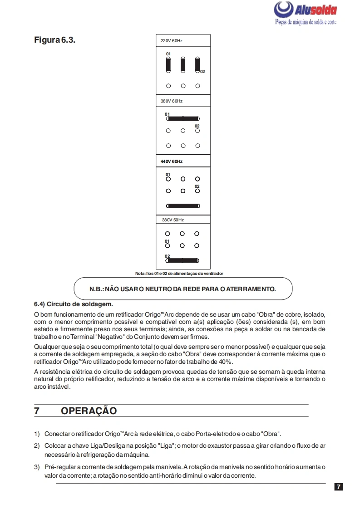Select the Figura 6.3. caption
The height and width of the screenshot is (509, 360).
click(x=54, y=39)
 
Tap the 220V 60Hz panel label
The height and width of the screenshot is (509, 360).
click(x=171, y=41)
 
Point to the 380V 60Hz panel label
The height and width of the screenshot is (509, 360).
click(x=171, y=101)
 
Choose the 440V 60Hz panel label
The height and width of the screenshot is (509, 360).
click(x=171, y=161)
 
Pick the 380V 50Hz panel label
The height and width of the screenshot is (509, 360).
click(x=173, y=220)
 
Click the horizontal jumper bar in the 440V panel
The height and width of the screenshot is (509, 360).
click(x=183, y=206)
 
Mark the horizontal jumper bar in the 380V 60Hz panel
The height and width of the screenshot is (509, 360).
click(x=183, y=119)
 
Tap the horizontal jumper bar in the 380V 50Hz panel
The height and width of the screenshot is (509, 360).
click(x=183, y=260)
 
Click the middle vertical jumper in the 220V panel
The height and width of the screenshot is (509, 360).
click(x=183, y=65)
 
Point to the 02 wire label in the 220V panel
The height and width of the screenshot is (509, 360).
click(x=202, y=72)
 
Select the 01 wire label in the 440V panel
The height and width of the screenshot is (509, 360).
click(x=168, y=174)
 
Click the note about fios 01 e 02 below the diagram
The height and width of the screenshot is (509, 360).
click(x=179, y=274)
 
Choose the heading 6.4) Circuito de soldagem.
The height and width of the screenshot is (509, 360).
click(x=73, y=303)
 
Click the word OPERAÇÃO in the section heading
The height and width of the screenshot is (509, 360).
click(x=89, y=411)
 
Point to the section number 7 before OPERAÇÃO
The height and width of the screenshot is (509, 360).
click(x=37, y=411)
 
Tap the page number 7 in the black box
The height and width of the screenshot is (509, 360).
click(x=339, y=487)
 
